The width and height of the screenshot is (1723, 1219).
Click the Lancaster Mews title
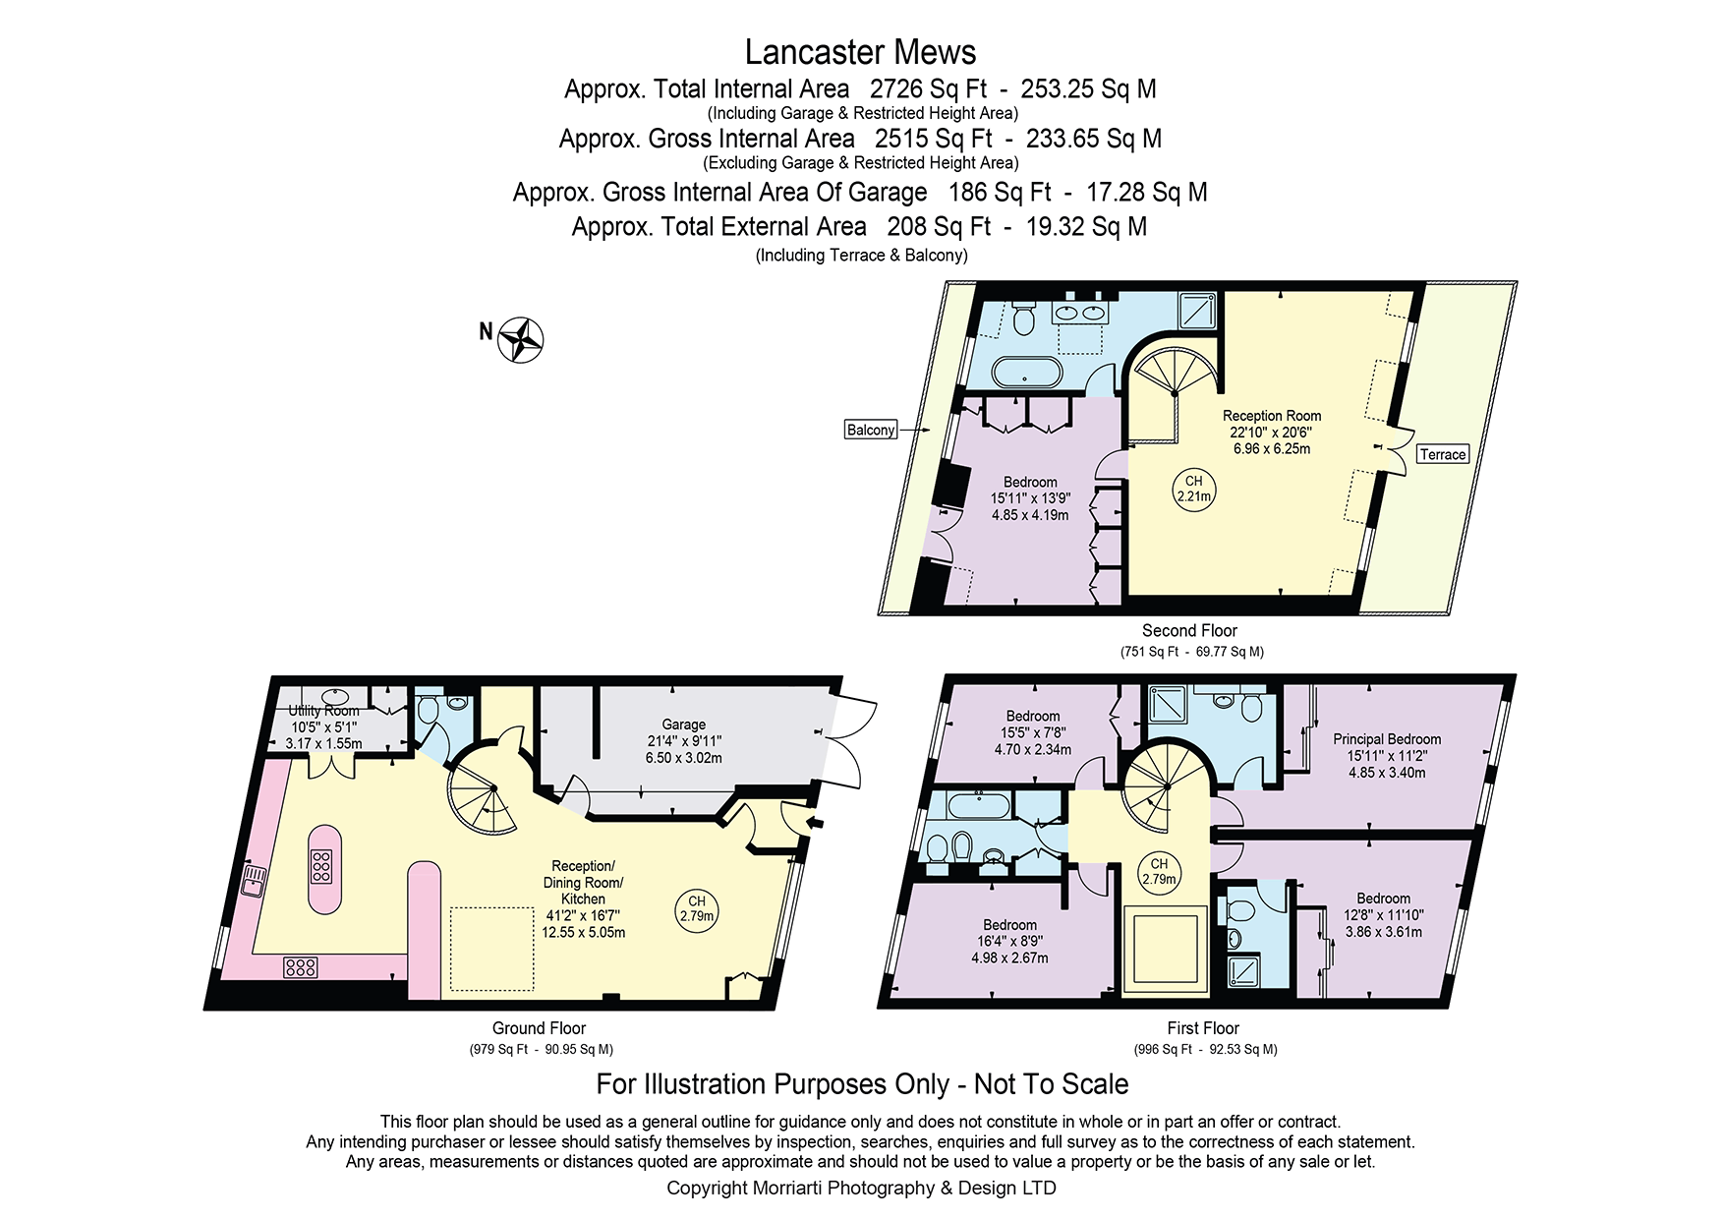pyautogui.click(x=860, y=52)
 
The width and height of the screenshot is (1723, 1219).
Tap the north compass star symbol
pyautogui.click(x=521, y=340)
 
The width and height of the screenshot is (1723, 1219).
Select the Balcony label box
pyautogui.click(x=871, y=430)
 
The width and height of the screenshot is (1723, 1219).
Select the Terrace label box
pyautogui.click(x=1443, y=454)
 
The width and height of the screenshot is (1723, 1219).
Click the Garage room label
pyautogui.click(x=684, y=725)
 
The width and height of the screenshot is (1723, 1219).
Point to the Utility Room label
pyautogui.click(x=324, y=711)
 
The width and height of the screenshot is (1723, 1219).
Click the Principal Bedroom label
pyautogui.click(x=1387, y=739)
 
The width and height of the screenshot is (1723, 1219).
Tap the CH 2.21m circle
pyautogui.click(x=1194, y=489)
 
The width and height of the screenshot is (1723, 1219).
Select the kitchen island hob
pyautogui.click(x=321, y=866)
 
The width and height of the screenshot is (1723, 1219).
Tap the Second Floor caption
pyautogui.click(x=1189, y=631)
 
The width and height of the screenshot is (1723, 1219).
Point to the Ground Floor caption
pyautogui.click(x=539, y=1028)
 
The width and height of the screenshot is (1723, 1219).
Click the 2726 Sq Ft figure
pyautogui.click(x=929, y=89)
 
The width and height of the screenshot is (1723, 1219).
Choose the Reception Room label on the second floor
pyautogui.click(x=1272, y=416)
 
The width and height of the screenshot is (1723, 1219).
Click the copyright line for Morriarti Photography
pyautogui.click(x=861, y=1188)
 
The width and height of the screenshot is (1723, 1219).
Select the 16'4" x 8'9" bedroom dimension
pyautogui.click(x=1009, y=942)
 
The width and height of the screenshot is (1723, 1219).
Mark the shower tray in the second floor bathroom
pyautogui.click(x=1197, y=311)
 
